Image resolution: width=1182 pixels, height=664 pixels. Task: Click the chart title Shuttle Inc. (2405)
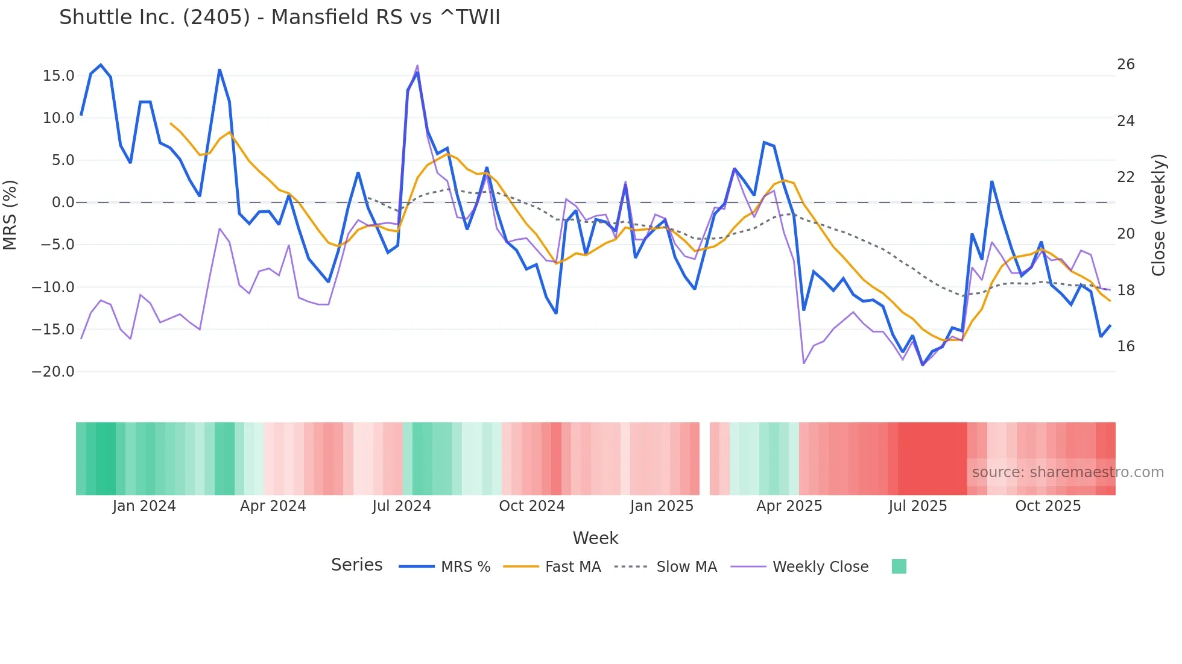point(279,17)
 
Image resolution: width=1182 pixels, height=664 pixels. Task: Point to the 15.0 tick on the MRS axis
point(58,76)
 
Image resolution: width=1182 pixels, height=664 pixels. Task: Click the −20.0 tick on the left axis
point(53,372)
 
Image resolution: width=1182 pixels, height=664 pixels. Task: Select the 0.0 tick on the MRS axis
point(63,202)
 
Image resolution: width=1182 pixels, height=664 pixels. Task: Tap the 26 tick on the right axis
point(1125,64)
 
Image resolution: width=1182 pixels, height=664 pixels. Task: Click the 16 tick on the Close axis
point(1125,346)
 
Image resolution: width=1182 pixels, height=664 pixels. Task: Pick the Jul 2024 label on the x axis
point(401,506)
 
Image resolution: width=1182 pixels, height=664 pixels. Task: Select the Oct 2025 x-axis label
point(1048,506)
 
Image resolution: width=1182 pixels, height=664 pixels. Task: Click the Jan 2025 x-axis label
point(662,506)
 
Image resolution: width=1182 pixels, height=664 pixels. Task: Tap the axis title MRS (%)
point(10,215)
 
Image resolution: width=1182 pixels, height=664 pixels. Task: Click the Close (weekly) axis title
point(1158,215)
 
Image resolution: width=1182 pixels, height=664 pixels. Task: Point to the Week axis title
point(595,538)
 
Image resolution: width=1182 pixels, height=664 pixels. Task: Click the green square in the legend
point(899,566)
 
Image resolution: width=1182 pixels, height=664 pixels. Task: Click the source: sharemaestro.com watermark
point(1067,472)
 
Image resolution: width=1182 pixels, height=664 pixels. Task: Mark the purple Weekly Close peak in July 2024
point(417,66)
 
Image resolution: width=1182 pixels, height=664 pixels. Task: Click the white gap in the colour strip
point(704,459)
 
